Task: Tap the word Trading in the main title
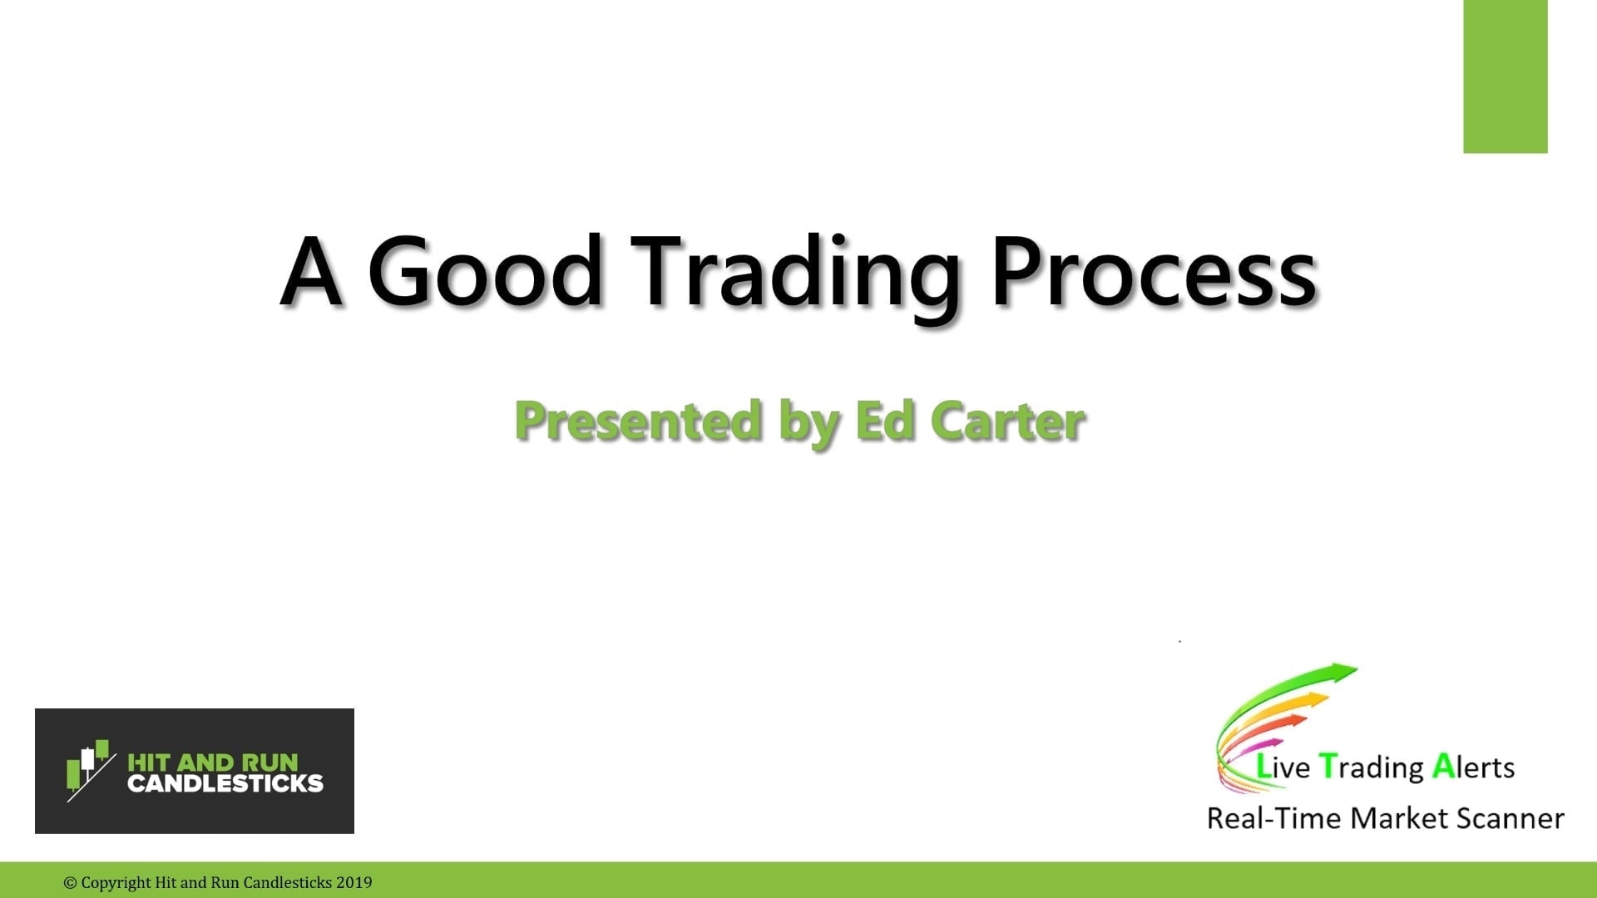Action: (x=796, y=274)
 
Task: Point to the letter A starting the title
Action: (x=311, y=272)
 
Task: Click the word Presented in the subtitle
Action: (x=638, y=421)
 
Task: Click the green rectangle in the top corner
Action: (x=1505, y=76)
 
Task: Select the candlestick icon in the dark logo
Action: (x=89, y=770)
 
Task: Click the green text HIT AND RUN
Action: (x=212, y=762)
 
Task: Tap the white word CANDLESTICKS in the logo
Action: (x=225, y=783)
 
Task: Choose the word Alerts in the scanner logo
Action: (x=1473, y=767)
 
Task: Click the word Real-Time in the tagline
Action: (x=1273, y=818)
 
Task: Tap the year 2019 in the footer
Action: (x=354, y=883)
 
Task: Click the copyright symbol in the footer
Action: (x=70, y=883)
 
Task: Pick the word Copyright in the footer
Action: (x=116, y=883)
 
